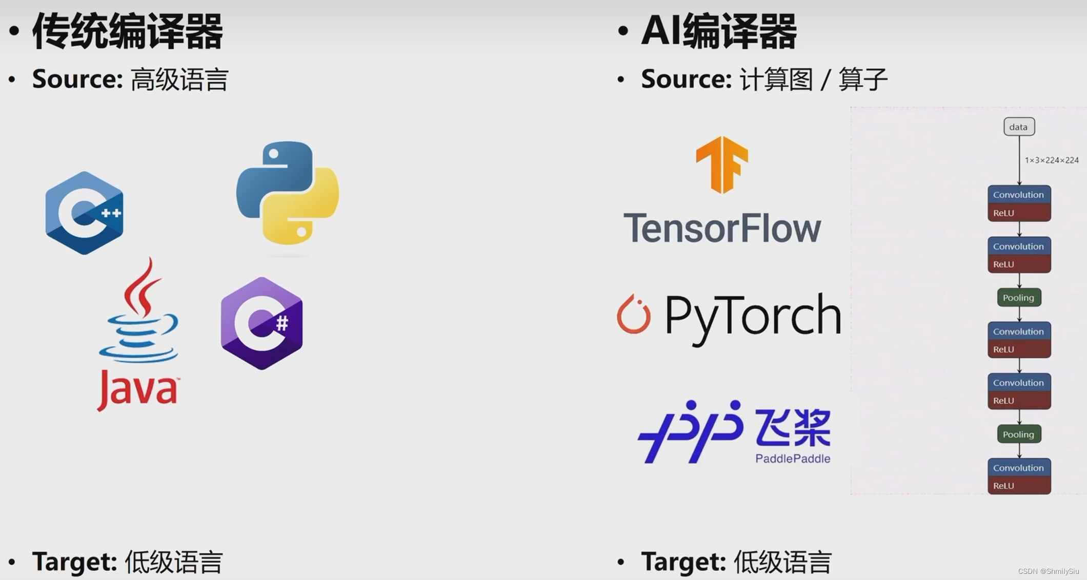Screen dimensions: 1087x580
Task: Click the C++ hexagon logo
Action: pos(85,213)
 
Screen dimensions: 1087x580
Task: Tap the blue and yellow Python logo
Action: pos(288,193)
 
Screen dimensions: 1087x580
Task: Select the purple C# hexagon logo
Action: pos(261,323)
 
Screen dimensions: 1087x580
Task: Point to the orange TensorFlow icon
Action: pos(722,164)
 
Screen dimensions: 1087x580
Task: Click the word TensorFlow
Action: pos(722,229)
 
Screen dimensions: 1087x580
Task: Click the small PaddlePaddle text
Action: pos(793,459)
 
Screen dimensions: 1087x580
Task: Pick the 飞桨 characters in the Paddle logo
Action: pos(793,428)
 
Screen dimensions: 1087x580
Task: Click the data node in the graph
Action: pos(1019,127)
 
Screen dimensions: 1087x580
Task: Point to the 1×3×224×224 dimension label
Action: pos(1051,160)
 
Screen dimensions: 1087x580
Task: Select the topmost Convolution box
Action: pos(1019,195)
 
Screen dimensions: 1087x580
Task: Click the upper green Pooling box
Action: pos(1019,298)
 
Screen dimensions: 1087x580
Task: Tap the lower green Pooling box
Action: pos(1019,434)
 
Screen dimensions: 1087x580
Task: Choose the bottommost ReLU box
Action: pos(1019,486)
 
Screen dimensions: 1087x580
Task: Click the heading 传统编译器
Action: pos(127,32)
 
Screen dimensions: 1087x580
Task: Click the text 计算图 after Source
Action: pos(776,79)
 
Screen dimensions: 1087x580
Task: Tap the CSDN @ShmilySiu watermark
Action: pos(1048,571)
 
